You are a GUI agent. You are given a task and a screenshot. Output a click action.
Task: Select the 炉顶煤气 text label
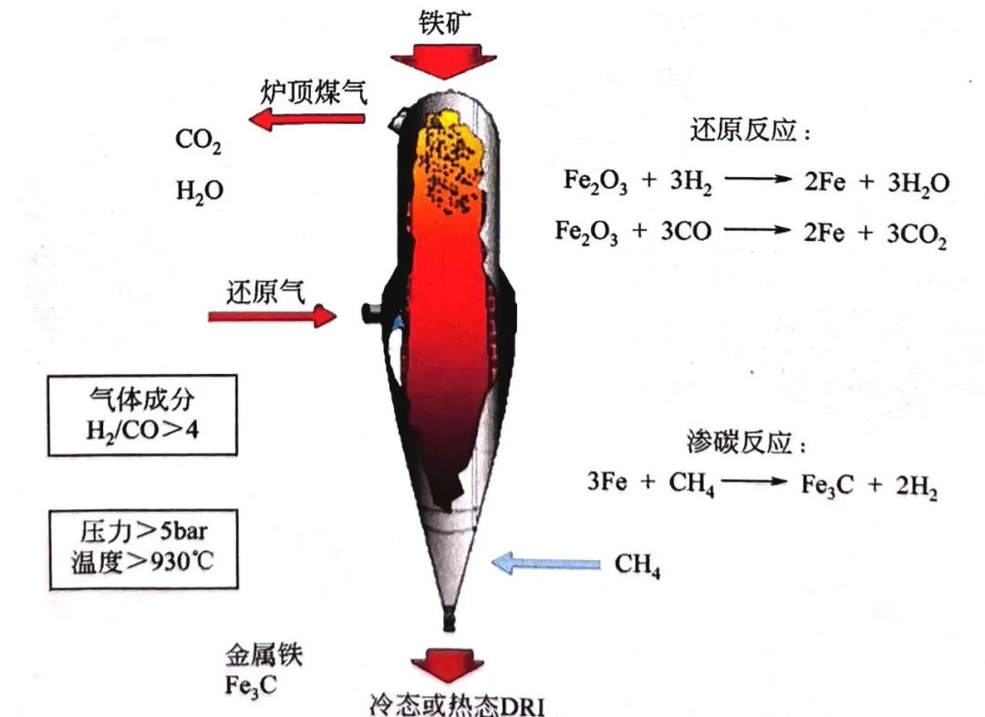[x=312, y=91]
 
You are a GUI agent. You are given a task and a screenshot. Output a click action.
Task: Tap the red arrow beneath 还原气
[x=273, y=317]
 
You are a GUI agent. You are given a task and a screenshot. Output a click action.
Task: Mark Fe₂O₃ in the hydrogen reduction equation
[x=590, y=182]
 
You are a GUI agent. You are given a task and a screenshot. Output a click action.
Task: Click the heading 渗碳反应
[x=747, y=444]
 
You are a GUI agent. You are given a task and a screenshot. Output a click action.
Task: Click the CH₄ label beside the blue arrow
[x=637, y=566]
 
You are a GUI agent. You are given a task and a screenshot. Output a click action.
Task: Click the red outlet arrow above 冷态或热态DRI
[x=447, y=667]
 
